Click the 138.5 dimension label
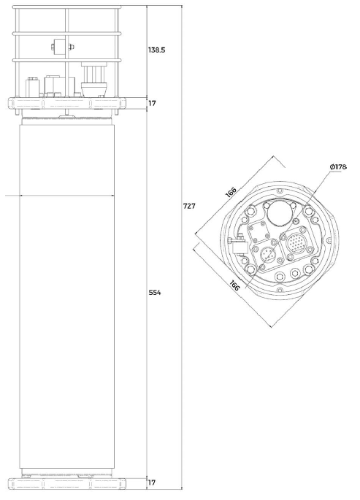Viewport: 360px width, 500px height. [x=156, y=50]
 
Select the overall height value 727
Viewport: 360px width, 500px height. [x=189, y=206]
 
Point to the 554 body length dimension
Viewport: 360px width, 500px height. [x=155, y=292]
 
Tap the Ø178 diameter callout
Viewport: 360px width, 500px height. [x=338, y=166]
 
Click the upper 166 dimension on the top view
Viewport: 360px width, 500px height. [x=231, y=193]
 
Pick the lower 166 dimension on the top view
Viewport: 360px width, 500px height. [x=234, y=285]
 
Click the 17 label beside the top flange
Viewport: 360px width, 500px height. [x=153, y=104]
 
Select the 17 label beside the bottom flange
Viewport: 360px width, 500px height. [x=152, y=482]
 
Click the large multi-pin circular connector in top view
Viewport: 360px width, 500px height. [x=296, y=243]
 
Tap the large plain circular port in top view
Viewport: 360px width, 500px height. [x=279, y=213]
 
